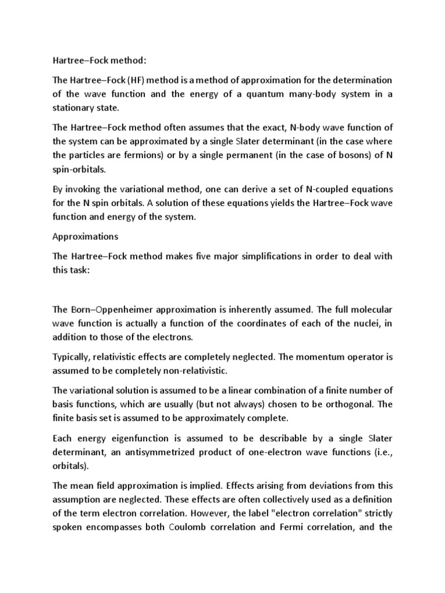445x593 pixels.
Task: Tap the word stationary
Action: click(x=74, y=109)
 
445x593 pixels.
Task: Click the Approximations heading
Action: click(x=85, y=236)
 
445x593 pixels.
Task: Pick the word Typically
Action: click(x=73, y=357)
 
